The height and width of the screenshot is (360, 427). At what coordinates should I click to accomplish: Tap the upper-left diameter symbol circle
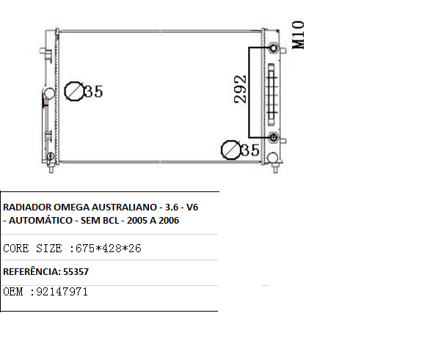[x=74, y=91]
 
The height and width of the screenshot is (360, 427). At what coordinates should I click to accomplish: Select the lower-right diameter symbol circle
[x=230, y=150]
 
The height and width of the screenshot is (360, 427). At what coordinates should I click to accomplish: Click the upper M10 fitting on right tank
[x=274, y=48]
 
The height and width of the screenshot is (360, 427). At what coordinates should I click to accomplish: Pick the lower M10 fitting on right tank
[x=274, y=138]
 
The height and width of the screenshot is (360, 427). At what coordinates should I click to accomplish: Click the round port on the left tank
[x=48, y=94]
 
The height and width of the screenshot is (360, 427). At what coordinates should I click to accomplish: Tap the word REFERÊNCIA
[x=30, y=271]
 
